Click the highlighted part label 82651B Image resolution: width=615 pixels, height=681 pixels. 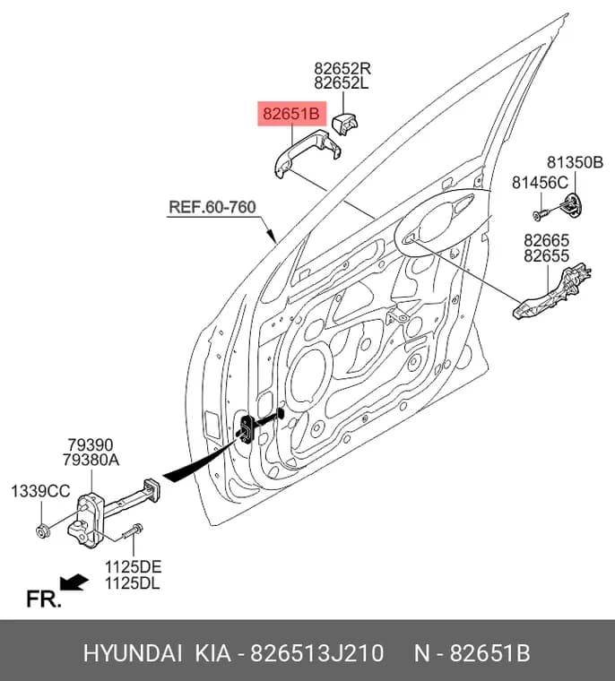[291, 114]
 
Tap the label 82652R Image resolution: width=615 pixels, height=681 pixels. [342, 68]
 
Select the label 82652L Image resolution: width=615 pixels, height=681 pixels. [342, 82]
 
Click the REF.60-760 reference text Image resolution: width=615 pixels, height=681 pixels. [212, 207]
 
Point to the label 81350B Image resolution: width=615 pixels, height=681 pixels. [575, 162]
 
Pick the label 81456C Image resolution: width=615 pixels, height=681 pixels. [540, 183]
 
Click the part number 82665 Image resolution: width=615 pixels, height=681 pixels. [546, 240]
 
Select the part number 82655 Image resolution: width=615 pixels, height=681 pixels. [546, 255]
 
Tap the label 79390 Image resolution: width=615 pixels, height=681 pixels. [90, 444]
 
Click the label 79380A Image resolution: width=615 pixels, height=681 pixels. [91, 460]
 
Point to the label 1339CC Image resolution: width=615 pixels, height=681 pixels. [40, 491]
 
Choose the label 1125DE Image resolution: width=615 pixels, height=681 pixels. [133, 567]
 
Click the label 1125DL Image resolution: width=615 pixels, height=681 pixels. [132, 582]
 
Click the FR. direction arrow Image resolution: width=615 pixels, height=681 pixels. [74, 582]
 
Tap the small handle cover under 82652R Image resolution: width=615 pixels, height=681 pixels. [344, 124]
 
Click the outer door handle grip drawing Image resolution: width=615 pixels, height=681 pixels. [307, 153]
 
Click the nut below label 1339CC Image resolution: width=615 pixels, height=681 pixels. [43, 530]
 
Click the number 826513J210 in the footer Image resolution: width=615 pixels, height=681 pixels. [316, 652]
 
